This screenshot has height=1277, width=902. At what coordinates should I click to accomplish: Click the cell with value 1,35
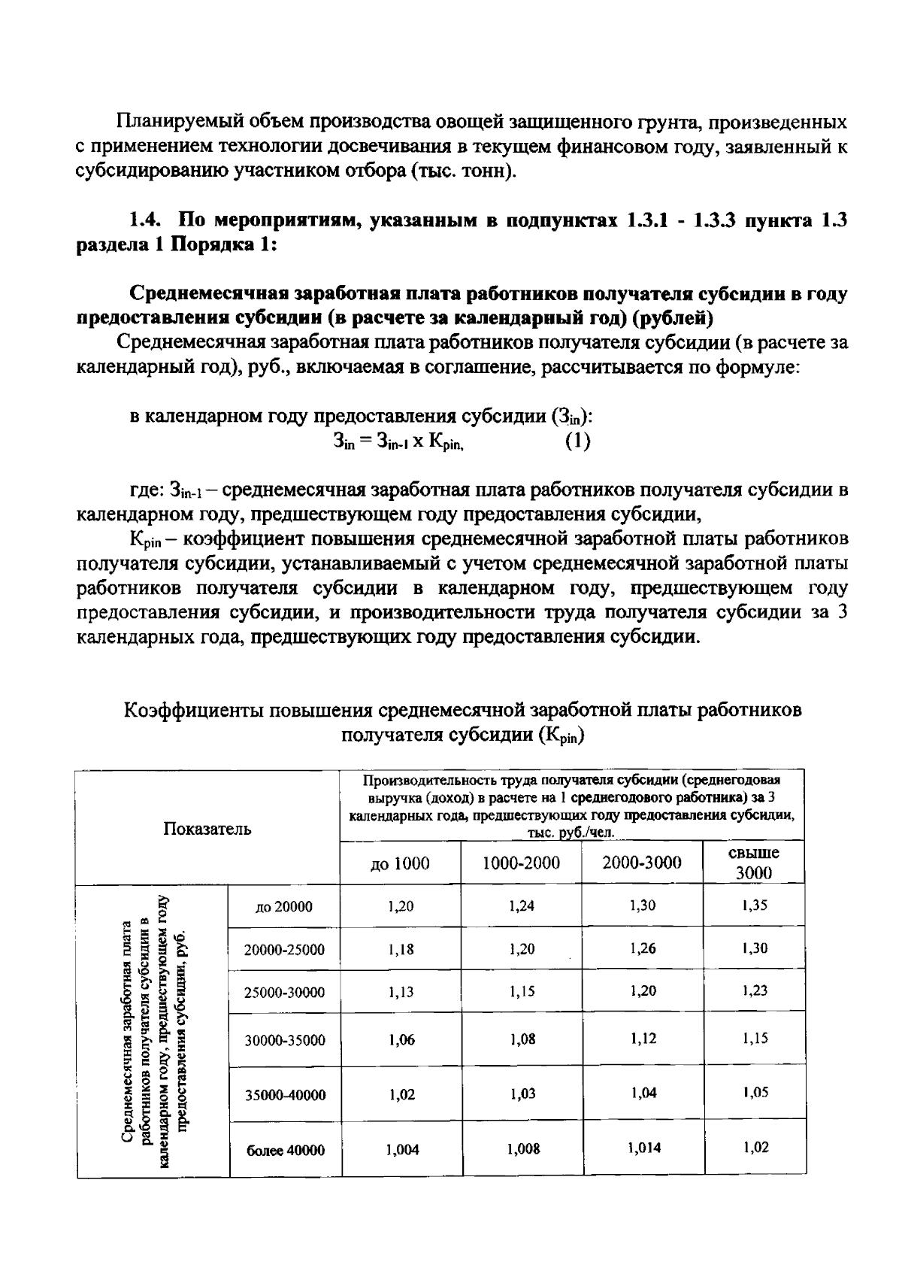(754, 905)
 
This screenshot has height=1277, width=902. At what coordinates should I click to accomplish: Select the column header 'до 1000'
(400, 863)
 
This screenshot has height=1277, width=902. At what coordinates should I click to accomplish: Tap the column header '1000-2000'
(521, 863)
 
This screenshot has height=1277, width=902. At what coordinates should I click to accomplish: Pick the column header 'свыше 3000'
(754, 863)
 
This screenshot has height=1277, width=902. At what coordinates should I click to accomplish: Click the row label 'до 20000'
(284, 907)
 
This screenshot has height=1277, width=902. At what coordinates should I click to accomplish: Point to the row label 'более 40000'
(286, 1150)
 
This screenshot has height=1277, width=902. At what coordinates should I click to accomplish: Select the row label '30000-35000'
(285, 1041)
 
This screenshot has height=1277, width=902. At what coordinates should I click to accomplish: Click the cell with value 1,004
(402, 1149)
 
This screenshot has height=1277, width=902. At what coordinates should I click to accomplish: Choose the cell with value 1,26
(643, 948)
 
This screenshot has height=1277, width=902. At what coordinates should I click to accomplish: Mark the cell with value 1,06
(401, 1040)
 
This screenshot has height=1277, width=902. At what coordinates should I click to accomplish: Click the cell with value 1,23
(755, 990)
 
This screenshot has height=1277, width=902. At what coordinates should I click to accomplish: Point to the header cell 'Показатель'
(207, 829)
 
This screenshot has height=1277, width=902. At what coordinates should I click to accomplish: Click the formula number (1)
(577, 441)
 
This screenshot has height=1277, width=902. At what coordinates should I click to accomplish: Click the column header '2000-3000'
(642, 863)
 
